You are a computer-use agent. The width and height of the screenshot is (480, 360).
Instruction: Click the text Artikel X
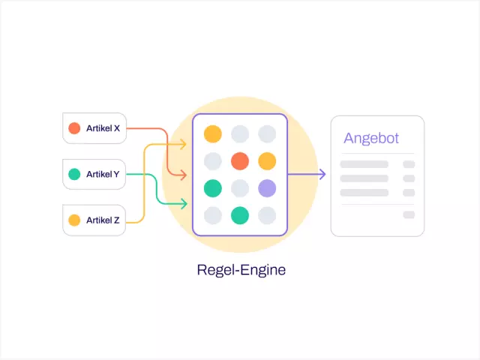pyautogui.click(x=103, y=128)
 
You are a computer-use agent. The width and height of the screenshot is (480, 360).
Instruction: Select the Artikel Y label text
pyautogui.click(x=103, y=174)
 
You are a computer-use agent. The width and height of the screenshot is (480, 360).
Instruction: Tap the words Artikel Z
pyautogui.click(x=103, y=220)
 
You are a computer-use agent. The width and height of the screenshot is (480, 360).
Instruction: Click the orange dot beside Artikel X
pyautogui.click(x=74, y=128)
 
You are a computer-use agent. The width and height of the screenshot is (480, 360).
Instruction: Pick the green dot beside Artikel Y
pyautogui.click(x=74, y=174)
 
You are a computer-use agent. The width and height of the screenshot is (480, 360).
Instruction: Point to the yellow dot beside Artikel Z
pyautogui.click(x=74, y=220)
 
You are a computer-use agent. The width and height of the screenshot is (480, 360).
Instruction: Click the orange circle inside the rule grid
pyautogui.click(x=240, y=161)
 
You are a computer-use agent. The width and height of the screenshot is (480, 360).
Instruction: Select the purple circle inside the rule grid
pyautogui.click(x=267, y=188)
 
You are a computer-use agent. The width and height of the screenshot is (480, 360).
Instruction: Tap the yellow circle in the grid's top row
pyautogui.click(x=213, y=134)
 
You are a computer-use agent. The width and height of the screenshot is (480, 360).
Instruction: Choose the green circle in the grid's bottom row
pyautogui.click(x=240, y=215)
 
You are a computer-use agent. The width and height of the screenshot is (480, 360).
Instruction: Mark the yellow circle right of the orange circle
pyautogui.click(x=267, y=161)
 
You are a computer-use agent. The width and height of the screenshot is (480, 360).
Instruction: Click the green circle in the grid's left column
pyautogui.click(x=213, y=188)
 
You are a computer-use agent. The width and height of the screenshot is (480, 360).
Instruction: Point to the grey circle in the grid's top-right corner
pyautogui.click(x=267, y=134)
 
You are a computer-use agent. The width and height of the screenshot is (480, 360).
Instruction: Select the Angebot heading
pyautogui.click(x=371, y=139)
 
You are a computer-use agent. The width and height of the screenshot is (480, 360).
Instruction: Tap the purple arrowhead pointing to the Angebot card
pyautogui.click(x=322, y=175)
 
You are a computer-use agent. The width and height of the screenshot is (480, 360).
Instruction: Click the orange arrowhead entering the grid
pyautogui.click(x=183, y=176)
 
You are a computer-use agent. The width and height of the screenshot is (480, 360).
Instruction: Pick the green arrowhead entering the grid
pyautogui.click(x=183, y=202)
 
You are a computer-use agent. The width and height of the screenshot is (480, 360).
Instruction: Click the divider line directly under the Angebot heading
pyautogui.click(x=377, y=153)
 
